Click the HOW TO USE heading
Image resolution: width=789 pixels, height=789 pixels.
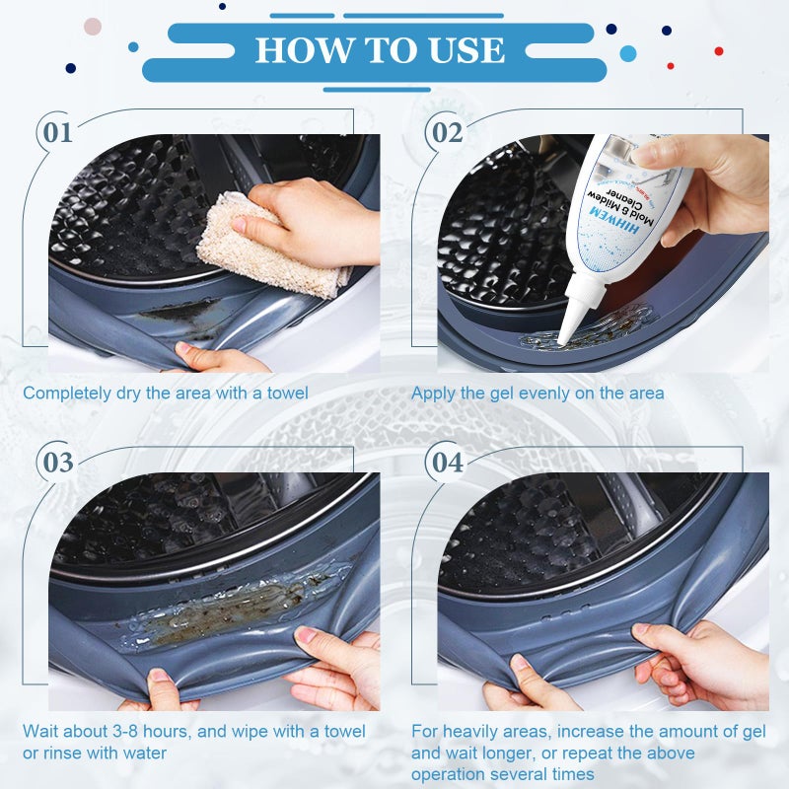380,50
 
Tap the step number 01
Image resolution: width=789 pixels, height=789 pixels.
57,132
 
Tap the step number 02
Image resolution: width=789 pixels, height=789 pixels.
447,132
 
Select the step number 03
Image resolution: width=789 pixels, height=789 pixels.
57,462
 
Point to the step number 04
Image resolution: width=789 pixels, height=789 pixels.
447,462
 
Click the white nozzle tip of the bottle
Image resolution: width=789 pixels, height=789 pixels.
566,335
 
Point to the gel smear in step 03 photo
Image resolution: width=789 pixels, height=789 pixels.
227,611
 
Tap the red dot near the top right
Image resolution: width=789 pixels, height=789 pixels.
719,51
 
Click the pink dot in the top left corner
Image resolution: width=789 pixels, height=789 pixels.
93,27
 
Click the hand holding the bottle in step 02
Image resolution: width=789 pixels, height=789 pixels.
710,182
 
